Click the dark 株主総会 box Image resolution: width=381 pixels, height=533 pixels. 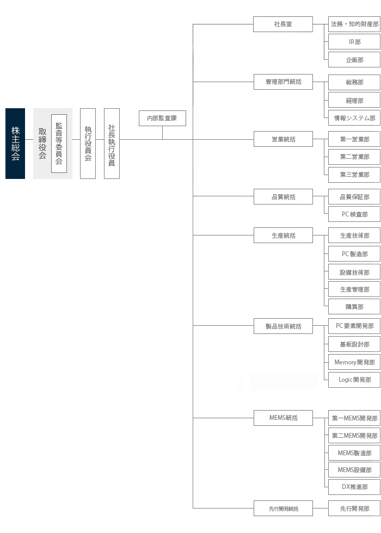(15, 144)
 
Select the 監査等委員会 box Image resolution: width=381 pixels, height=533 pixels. (59, 144)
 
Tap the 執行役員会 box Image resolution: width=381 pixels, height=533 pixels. (88, 144)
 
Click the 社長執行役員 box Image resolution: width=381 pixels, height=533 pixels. (112, 144)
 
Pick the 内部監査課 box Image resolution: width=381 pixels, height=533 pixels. (162, 119)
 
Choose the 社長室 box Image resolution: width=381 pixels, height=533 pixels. (283, 24)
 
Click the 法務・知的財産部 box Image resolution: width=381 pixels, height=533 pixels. (354, 24)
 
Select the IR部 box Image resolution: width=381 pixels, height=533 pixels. (354, 42)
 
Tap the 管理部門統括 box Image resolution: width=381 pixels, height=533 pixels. (283, 82)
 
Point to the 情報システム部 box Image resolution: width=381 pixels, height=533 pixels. (354, 118)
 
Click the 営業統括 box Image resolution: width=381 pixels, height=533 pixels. (283, 139)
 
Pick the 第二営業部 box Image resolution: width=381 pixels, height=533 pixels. (354, 157)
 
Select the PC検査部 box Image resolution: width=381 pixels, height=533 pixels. (354, 214)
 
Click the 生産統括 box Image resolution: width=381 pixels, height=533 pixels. (283, 235)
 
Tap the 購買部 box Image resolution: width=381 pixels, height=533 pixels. (354, 307)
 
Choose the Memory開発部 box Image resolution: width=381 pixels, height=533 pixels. (354, 362)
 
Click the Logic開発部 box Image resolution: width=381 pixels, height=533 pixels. (354, 380)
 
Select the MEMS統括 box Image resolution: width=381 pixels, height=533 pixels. (283, 418)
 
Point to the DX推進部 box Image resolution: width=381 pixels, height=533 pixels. (354, 487)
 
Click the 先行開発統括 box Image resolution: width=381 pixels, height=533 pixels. (283, 509)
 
